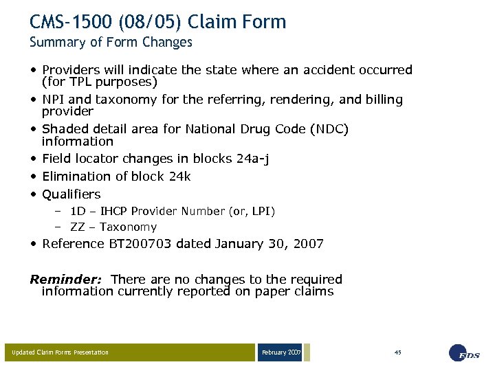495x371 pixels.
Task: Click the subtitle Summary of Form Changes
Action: click(111, 42)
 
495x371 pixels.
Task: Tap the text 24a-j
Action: click(252, 159)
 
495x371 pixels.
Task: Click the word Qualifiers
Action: click(71, 194)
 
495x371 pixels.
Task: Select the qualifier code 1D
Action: click(78, 212)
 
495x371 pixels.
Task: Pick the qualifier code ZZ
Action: click(78, 227)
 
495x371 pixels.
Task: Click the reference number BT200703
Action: click(140, 244)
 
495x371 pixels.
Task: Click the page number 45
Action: click(397, 352)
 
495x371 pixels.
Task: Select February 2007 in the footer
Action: click(280, 352)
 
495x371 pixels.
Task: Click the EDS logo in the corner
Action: click(464, 352)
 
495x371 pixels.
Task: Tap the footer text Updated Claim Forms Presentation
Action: click(60, 352)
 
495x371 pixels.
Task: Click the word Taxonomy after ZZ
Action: click(128, 227)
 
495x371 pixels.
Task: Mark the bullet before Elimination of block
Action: click(34, 177)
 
